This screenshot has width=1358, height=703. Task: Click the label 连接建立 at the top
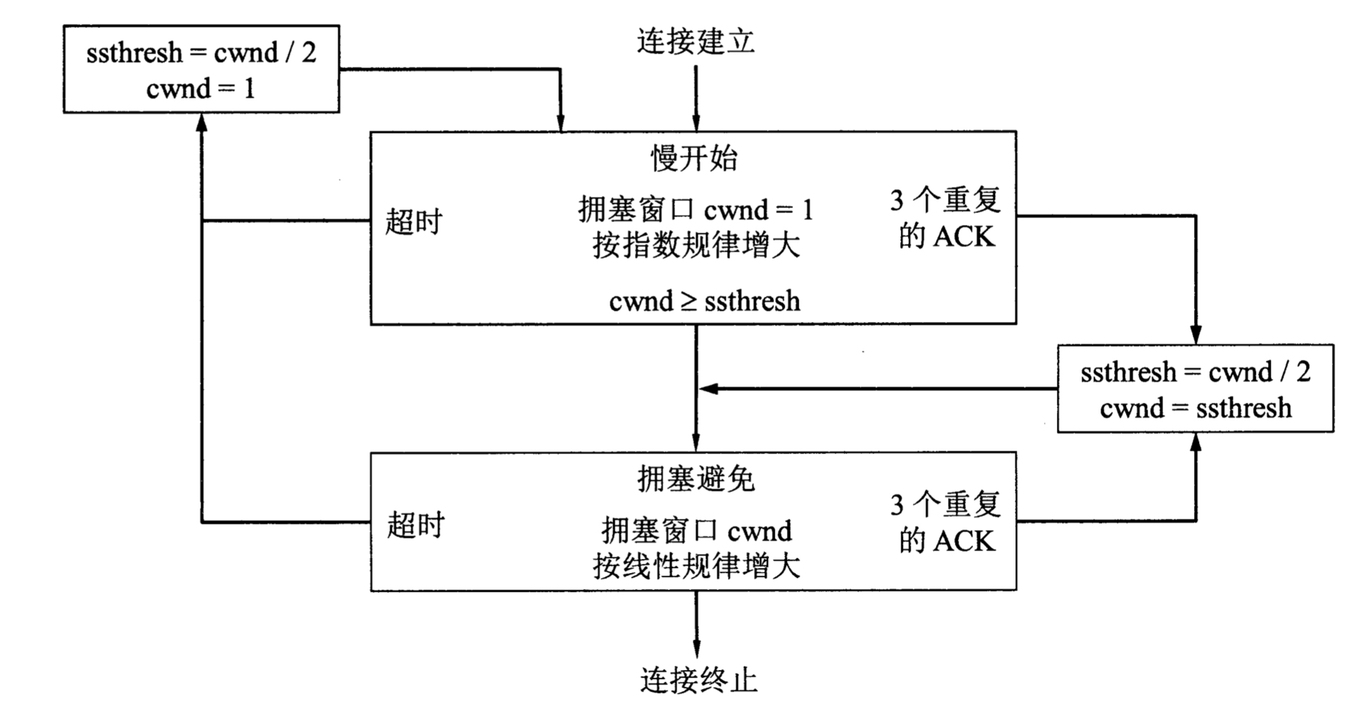point(696,41)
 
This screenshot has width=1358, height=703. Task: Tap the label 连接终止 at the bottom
point(698,680)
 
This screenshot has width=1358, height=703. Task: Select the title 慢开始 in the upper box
point(694,157)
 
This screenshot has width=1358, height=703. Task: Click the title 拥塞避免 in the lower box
point(696,479)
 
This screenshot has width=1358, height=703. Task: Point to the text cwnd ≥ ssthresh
point(704,302)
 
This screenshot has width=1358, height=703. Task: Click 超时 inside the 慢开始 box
point(414,222)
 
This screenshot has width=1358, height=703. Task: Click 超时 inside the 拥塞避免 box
point(416,525)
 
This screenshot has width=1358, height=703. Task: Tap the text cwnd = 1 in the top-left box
point(201,89)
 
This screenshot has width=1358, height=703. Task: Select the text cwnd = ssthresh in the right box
point(1196,408)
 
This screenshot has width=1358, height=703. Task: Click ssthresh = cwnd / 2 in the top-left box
point(201,53)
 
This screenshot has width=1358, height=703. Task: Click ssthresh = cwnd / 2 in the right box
point(1196,372)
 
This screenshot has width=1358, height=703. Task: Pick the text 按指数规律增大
point(696,246)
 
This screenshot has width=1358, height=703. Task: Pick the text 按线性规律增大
point(696,567)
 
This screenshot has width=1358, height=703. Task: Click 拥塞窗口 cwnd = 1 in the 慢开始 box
point(696,209)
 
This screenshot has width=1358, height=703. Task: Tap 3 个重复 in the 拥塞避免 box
point(945,505)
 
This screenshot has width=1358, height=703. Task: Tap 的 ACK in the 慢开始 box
point(947,237)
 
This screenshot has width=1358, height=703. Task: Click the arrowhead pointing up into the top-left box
point(202,123)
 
